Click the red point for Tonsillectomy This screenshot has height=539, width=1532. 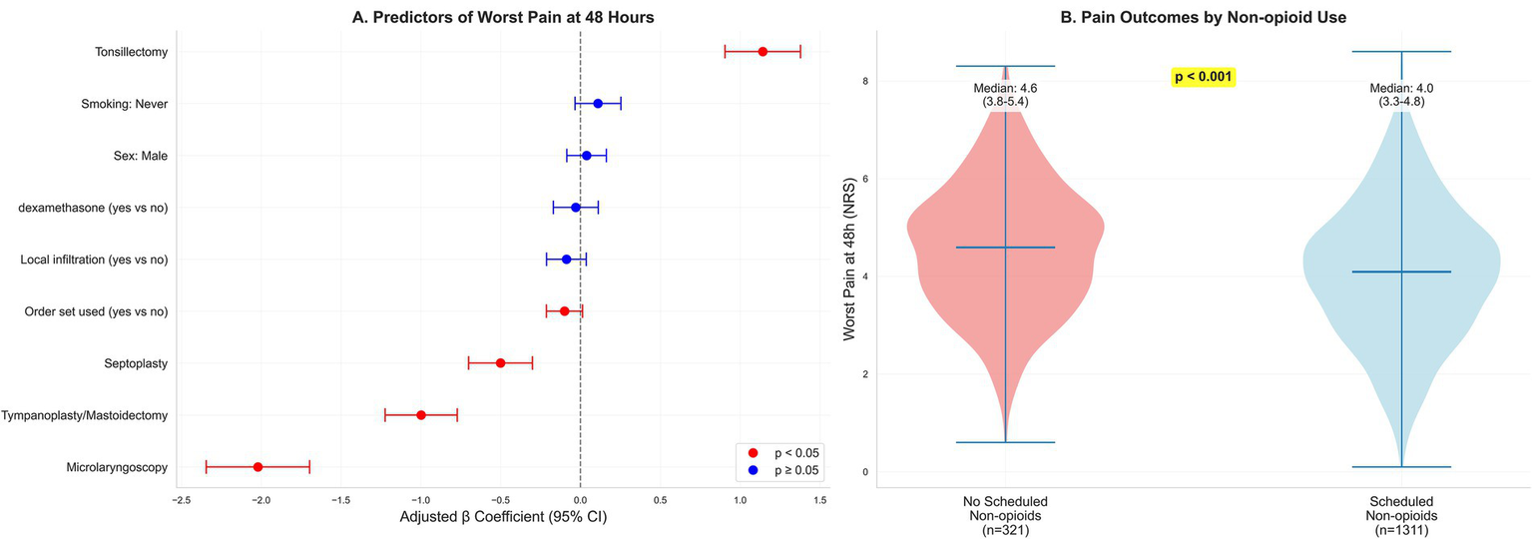coord(763,51)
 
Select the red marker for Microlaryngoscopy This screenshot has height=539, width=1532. coord(257,466)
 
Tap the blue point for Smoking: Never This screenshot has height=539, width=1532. coord(598,103)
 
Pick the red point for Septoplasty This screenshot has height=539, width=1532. coord(500,362)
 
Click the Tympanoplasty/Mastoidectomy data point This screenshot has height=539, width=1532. coord(420,414)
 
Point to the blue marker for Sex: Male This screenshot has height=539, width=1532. coord(586,155)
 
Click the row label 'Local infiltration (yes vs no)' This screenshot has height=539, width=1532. coord(94,260)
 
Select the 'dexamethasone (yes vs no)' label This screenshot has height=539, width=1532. coord(93,208)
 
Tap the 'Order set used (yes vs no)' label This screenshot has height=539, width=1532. coord(96,311)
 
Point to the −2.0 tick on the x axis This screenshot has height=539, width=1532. coord(259,499)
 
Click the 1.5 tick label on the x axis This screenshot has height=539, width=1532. coord(820,499)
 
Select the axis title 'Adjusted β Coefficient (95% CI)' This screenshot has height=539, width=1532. coord(503,518)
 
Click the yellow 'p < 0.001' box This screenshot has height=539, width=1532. coord(1203,77)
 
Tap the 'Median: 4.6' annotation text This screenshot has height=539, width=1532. coord(1007,88)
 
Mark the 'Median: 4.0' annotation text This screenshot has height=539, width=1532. coord(1401,88)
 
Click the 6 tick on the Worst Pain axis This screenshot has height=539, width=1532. coord(864,178)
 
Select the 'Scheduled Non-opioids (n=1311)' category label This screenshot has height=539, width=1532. coord(1401,515)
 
